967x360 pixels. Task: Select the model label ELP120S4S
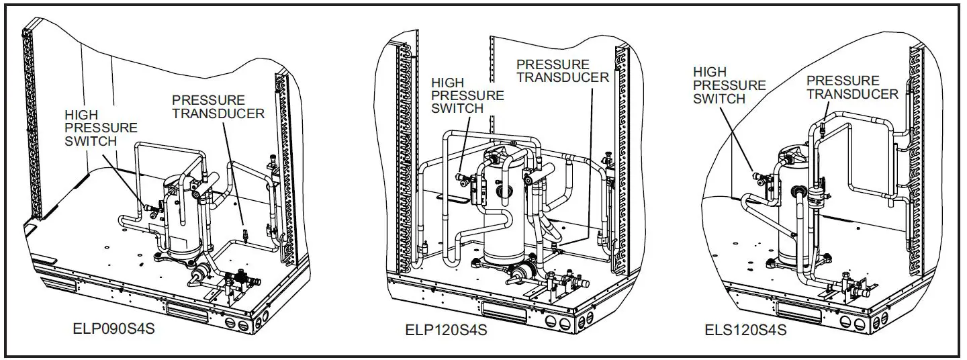(x=446, y=330)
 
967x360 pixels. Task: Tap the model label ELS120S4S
(x=746, y=330)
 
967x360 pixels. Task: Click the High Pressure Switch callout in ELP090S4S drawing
(x=101, y=128)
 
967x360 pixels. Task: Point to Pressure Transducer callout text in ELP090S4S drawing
(x=218, y=107)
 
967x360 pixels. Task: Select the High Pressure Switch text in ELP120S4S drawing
(x=467, y=95)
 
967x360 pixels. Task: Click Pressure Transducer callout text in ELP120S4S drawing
(x=563, y=71)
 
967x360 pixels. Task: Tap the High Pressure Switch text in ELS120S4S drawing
(x=729, y=85)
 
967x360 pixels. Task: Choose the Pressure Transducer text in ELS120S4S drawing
(x=852, y=87)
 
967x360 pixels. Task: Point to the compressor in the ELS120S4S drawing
(x=792, y=208)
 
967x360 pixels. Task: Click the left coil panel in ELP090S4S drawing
(x=30, y=121)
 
